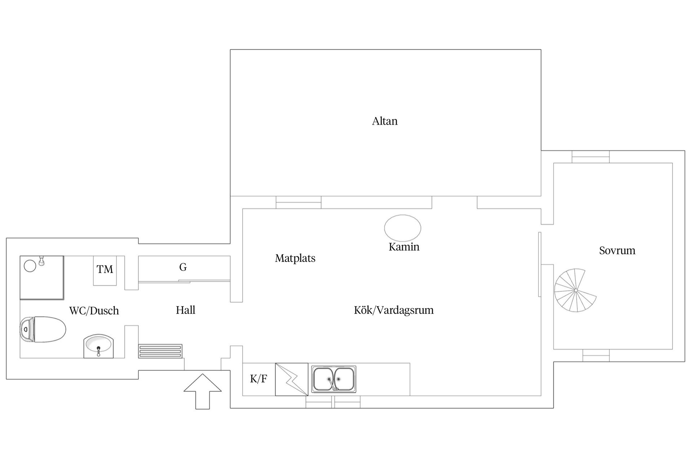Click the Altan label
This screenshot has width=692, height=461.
coord(385,121)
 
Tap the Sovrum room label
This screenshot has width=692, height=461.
coord(617,251)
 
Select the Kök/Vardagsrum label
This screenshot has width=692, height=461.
coord(394,310)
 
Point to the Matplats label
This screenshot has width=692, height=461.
coord(295,258)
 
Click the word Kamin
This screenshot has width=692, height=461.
coord(404,247)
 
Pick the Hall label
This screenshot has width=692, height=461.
coord(186,310)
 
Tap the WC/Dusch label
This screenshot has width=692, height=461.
coord(94,310)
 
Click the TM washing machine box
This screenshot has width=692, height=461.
coord(105,270)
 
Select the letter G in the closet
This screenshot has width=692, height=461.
coord(183,267)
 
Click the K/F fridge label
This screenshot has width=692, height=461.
coord(258,379)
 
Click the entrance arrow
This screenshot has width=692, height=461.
coord(203,391)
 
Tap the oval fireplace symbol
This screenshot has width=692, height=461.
coord(403,228)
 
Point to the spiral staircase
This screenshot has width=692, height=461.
coord(575,290)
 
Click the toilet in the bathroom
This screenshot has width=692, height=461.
coord(43,329)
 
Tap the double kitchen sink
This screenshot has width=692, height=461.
coord(334,379)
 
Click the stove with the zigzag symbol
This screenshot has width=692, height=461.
coord(292,379)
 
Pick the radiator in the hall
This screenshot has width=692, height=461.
coord(160,351)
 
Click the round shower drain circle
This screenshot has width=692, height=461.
coord(30,266)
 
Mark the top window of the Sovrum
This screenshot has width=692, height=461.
coord(590,157)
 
